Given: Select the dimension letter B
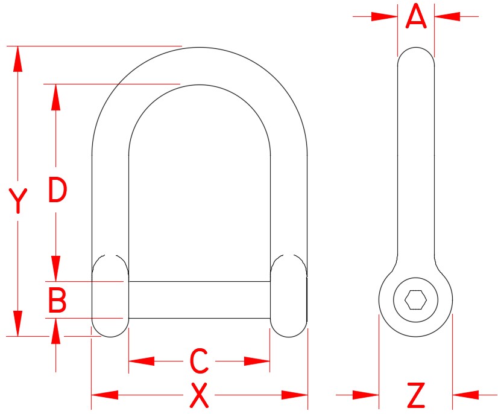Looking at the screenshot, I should click(57, 300).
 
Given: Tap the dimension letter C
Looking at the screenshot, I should click(199, 361).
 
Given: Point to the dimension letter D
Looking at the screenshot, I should click(57, 191).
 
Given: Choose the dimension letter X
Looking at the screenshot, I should click(199, 396).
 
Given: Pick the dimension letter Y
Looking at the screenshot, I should click(19, 202).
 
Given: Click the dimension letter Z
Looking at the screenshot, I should click(416, 396).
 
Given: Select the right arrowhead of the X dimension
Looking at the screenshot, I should click(295, 395).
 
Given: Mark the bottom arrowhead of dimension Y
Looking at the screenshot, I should click(19, 323).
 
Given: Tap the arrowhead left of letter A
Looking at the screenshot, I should click(385, 16).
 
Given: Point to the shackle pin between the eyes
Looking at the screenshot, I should click(199, 299).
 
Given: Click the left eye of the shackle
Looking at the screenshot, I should click(110, 296).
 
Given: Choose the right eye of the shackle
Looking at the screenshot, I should click(289, 296).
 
